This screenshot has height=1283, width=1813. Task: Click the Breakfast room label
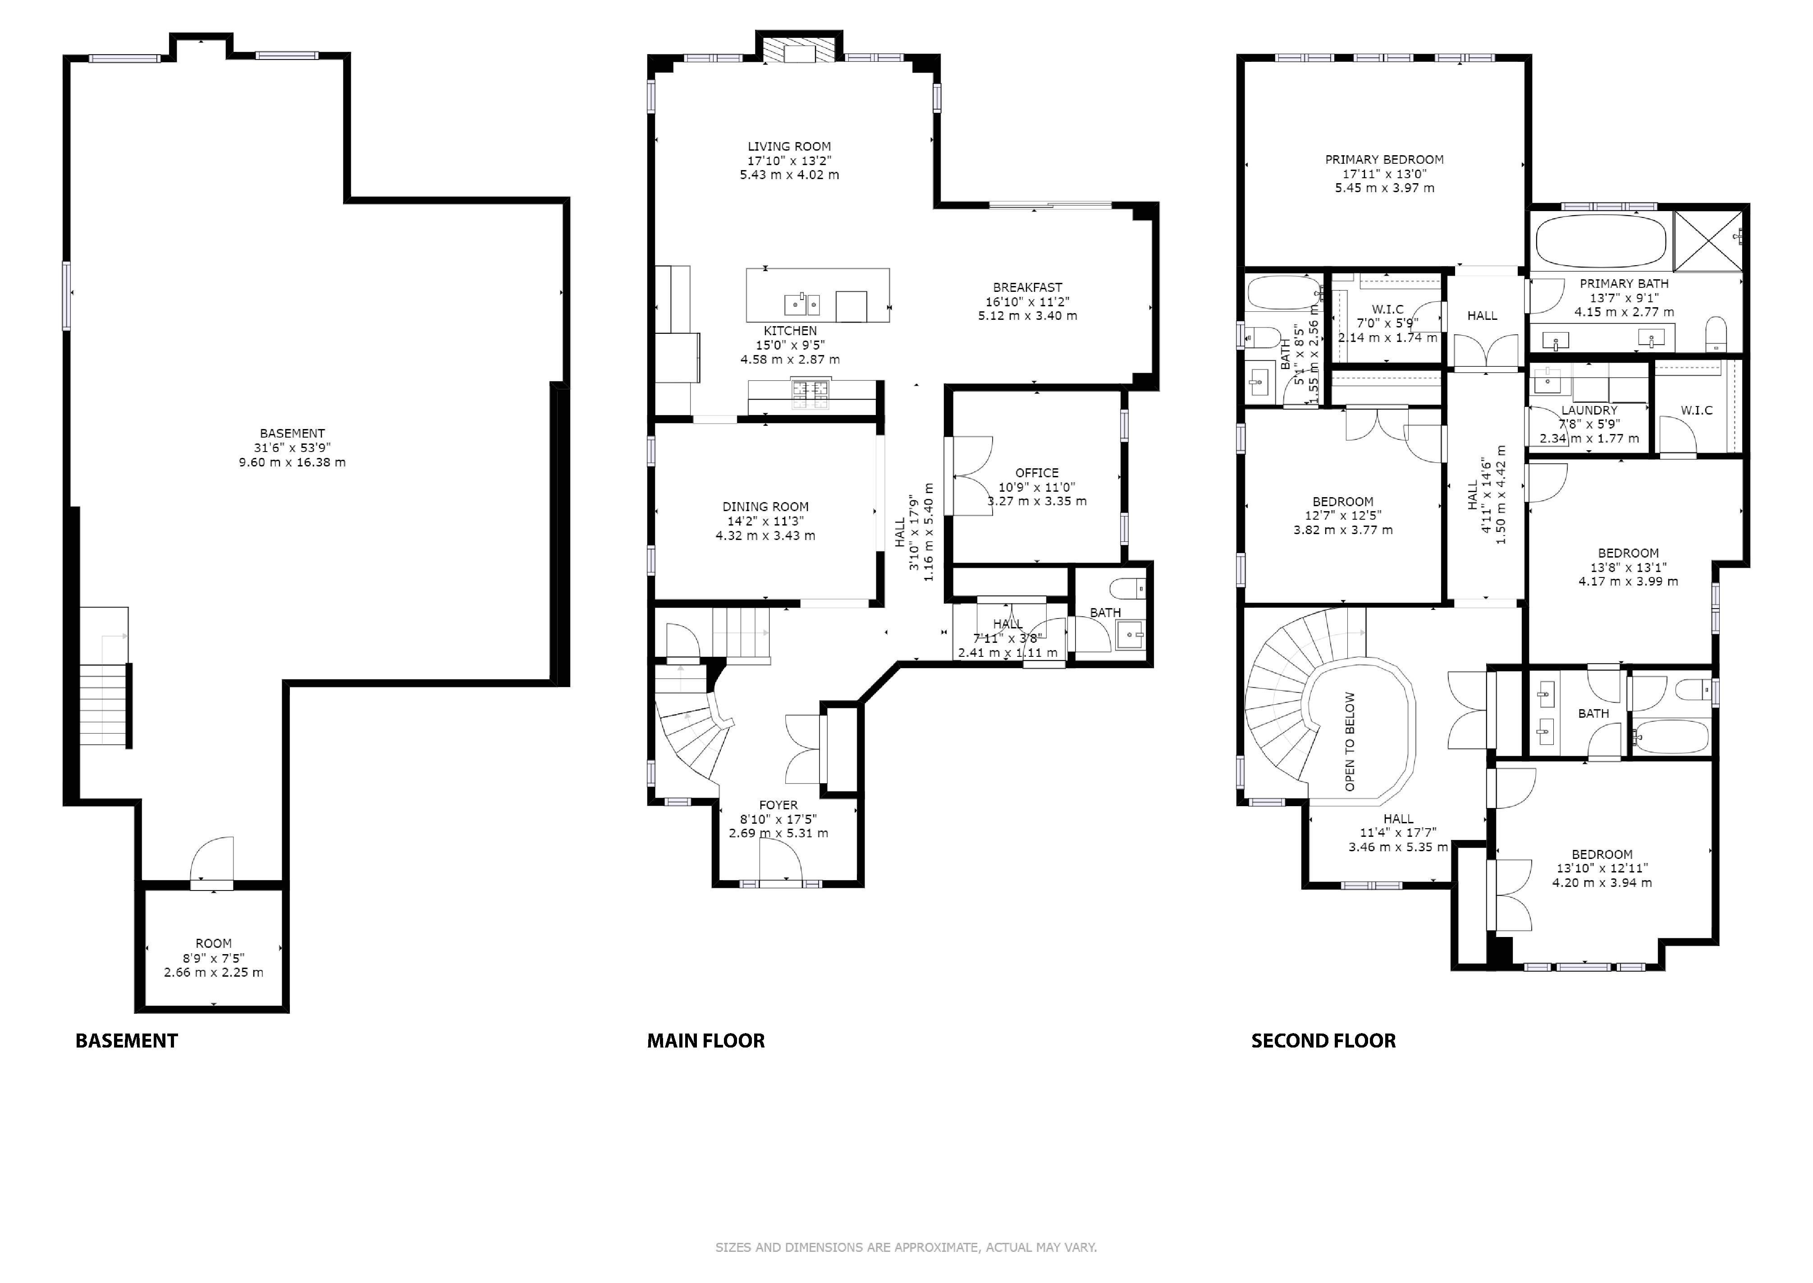[1027, 287]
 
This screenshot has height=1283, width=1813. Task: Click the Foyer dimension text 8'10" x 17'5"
[778, 819]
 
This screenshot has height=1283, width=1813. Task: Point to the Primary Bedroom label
[1384, 160]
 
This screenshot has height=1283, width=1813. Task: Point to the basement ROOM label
[214, 943]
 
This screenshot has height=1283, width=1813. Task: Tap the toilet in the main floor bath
[1127, 589]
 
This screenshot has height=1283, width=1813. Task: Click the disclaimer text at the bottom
[906, 1247]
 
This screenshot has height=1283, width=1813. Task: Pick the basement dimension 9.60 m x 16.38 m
[292, 462]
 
